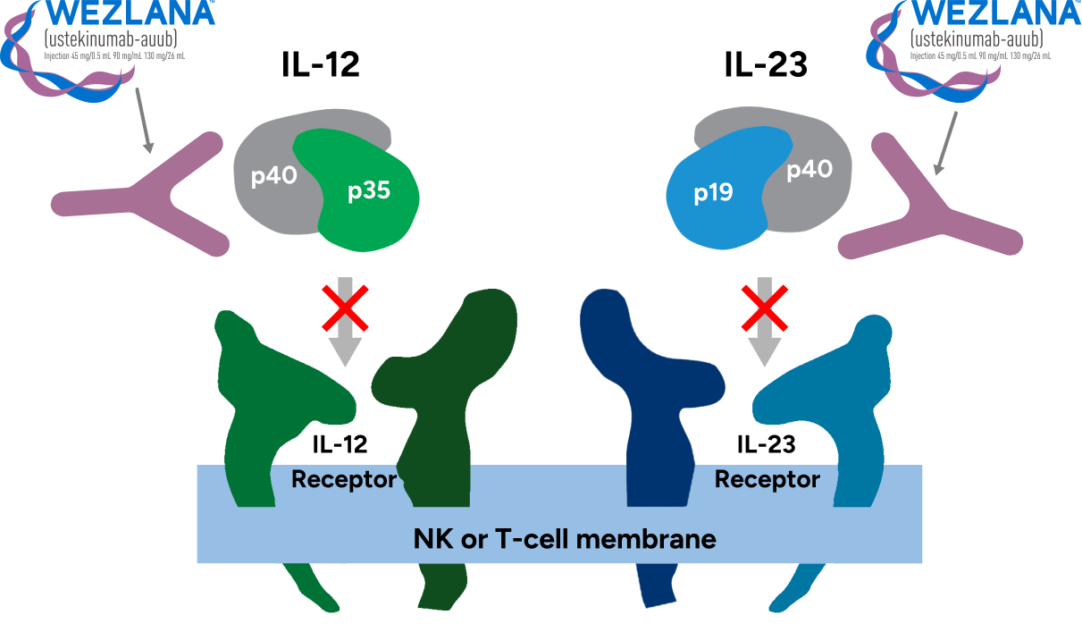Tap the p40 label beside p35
(273, 176)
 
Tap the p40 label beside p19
(809, 170)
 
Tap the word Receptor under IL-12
(344, 480)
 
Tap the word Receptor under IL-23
(767, 480)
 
